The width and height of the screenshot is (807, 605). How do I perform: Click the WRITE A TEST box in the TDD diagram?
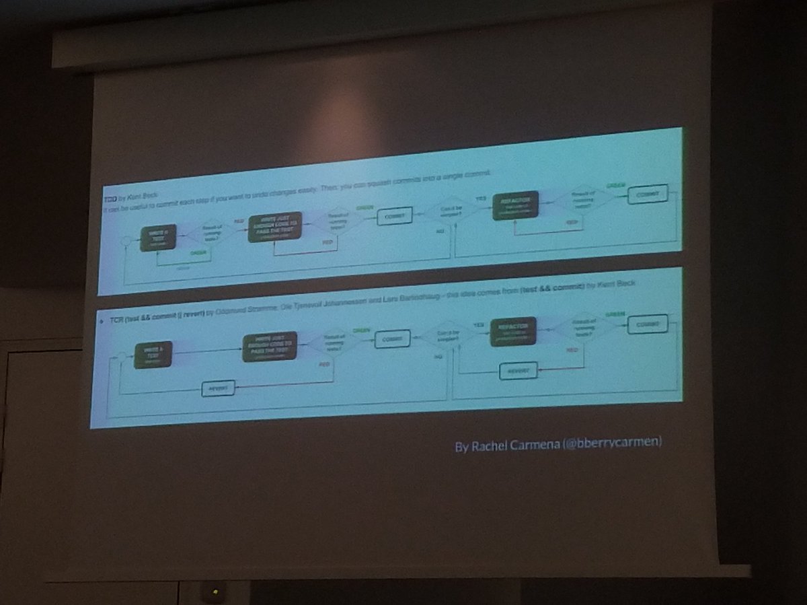coord(157,238)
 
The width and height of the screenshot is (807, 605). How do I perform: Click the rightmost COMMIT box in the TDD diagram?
coord(648,194)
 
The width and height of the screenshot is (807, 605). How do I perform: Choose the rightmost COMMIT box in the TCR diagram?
coord(648,324)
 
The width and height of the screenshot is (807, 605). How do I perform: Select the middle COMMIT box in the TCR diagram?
coord(392,338)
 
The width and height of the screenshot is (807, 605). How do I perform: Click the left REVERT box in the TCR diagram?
coord(219,388)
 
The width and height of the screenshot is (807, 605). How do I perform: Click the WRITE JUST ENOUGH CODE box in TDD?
coord(274,226)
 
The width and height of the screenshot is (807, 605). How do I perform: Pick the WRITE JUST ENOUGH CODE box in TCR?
coord(270,346)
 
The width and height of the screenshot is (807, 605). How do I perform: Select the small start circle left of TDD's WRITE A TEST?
coord(124,240)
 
